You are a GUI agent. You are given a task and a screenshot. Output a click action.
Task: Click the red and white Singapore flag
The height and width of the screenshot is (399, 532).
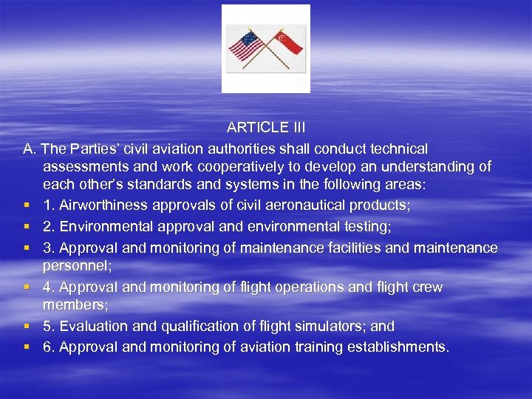click(288, 41)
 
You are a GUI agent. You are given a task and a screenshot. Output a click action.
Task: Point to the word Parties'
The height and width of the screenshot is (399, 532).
click(97, 149)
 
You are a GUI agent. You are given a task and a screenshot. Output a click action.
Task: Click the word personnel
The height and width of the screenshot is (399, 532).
click(75, 265)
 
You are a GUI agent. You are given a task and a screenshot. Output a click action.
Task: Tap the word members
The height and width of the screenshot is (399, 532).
click(72, 304)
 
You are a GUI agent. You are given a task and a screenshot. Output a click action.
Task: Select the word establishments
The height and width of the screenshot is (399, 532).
click(397, 347)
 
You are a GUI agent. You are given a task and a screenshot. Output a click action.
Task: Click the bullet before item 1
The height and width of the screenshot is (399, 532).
click(27, 205)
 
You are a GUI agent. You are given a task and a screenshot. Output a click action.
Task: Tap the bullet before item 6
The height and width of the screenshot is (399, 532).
click(27, 347)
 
